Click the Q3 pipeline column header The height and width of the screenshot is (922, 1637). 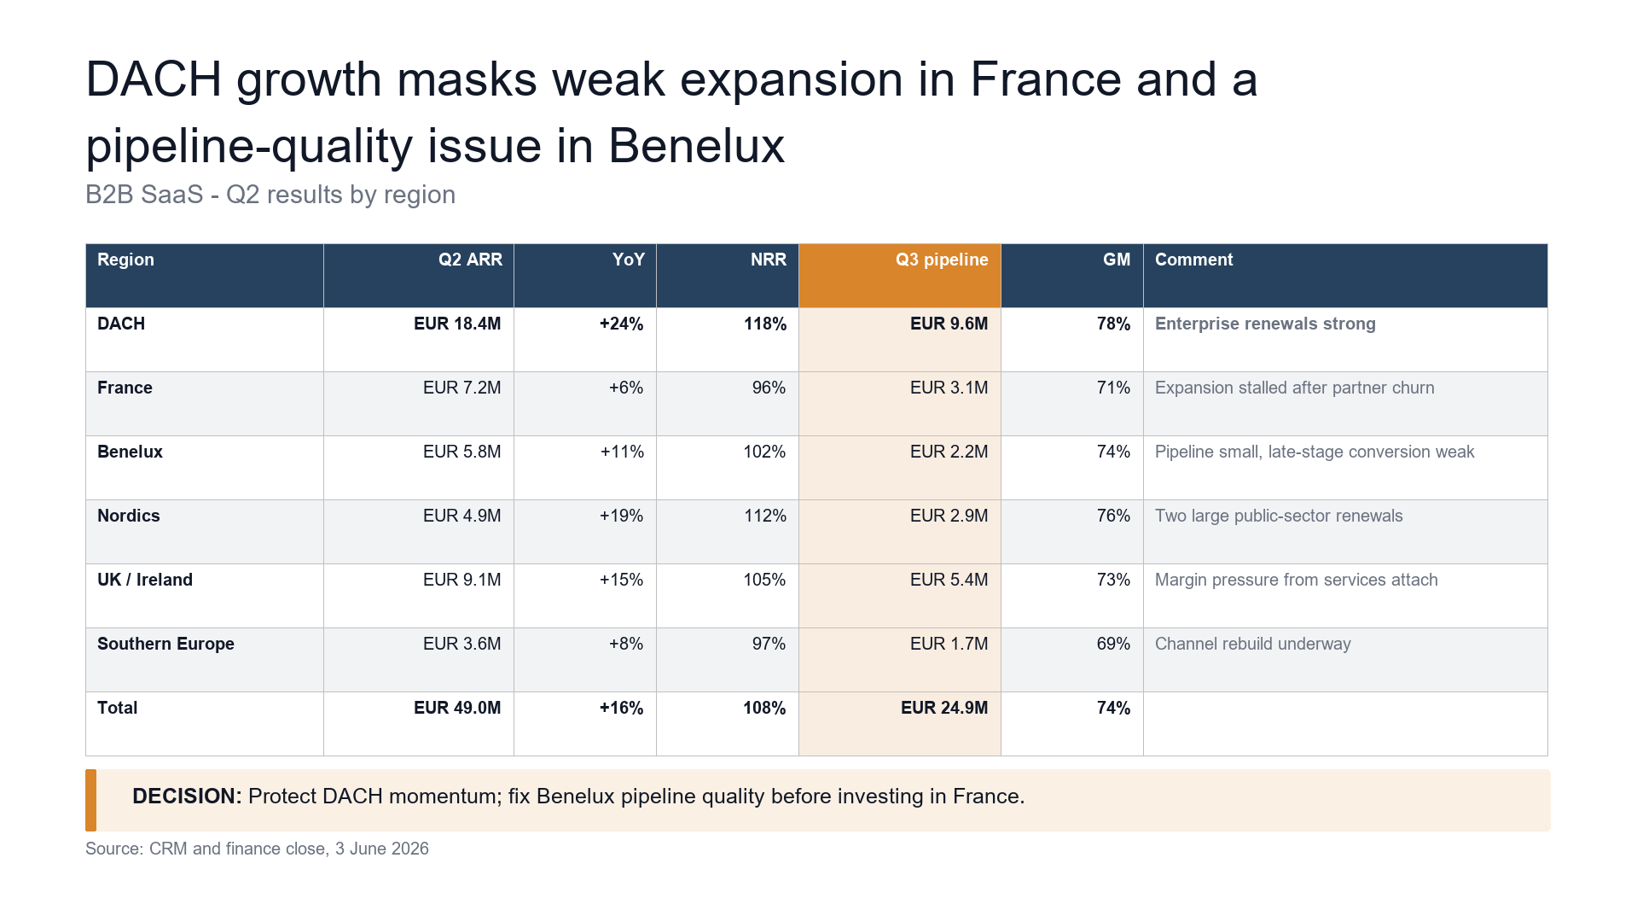[942, 260]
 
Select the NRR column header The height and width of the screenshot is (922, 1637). [769, 260]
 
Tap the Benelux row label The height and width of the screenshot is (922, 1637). [130, 452]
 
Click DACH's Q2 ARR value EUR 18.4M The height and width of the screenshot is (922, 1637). [457, 324]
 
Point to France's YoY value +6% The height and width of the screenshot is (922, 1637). [626, 388]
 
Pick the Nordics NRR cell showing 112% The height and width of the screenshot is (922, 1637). [765, 516]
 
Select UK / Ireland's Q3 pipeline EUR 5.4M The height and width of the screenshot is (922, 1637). [949, 581]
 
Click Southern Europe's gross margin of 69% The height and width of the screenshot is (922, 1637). [1113, 645]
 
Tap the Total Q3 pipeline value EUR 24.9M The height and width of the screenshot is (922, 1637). [944, 709]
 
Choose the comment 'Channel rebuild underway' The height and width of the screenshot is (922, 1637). [1252, 645]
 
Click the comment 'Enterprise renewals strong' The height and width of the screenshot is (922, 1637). [1265, 324]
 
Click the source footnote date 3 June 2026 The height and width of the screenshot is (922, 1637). [382, 849]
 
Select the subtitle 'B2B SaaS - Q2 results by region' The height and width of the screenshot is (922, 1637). [270, 195]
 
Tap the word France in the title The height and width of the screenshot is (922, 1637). [1046, 79]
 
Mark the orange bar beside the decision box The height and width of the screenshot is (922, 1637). [90, 800]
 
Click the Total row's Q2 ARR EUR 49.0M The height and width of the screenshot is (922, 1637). [457, 709]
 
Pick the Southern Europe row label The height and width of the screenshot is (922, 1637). [165, 645]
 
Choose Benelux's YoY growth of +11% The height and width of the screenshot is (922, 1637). [622, 452]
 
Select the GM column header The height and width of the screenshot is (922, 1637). [1117, 260]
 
